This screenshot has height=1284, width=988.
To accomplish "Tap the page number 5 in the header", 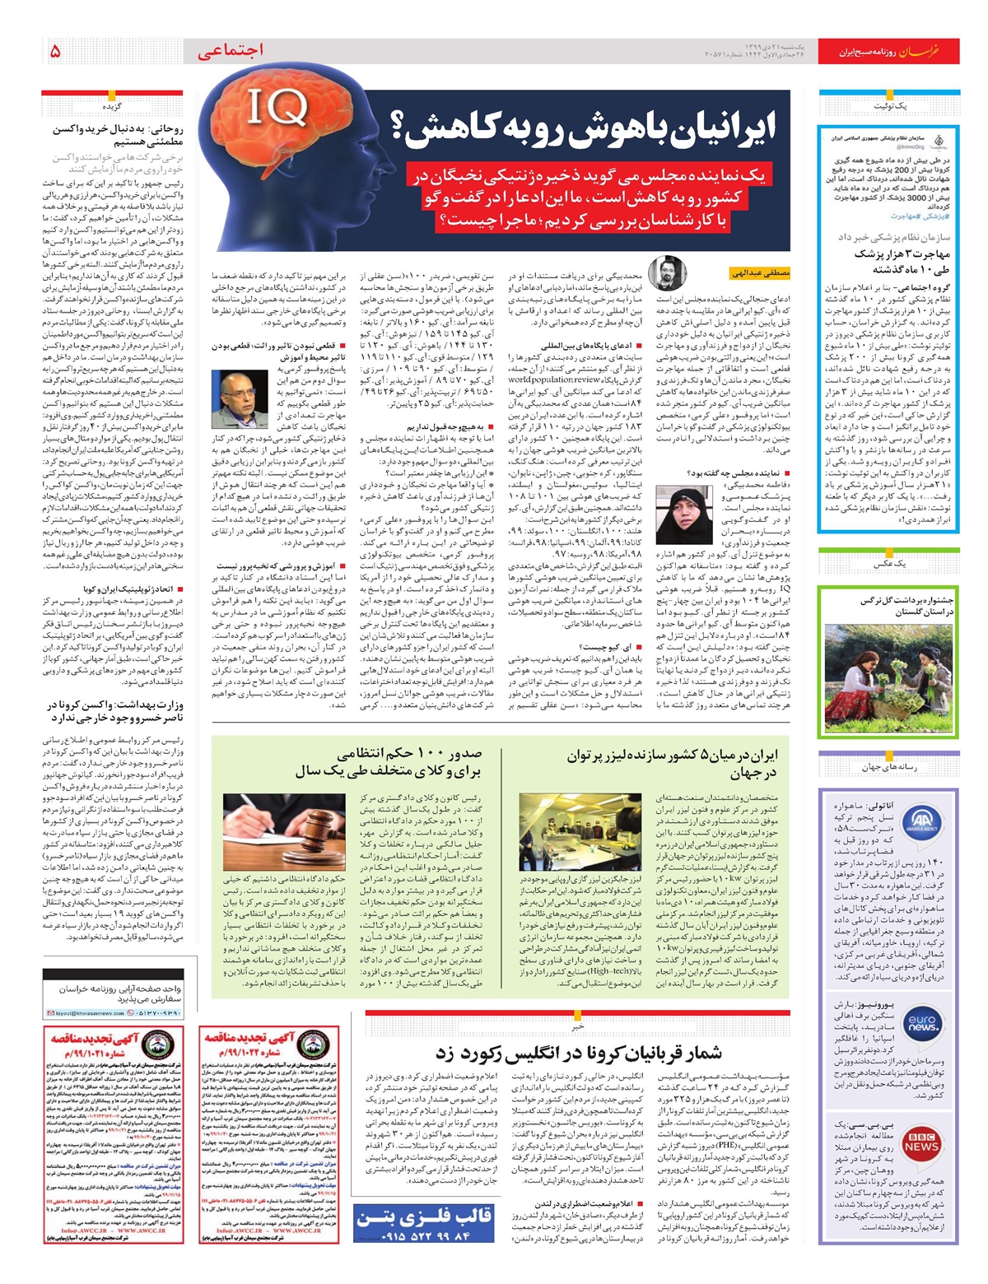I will [x=55, y=52].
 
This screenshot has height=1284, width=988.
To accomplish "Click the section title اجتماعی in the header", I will [x=231, y=51].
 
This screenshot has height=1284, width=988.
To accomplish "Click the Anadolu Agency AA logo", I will [x=921, y=824].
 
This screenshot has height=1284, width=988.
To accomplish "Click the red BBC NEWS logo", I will [x=921, y=1142].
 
